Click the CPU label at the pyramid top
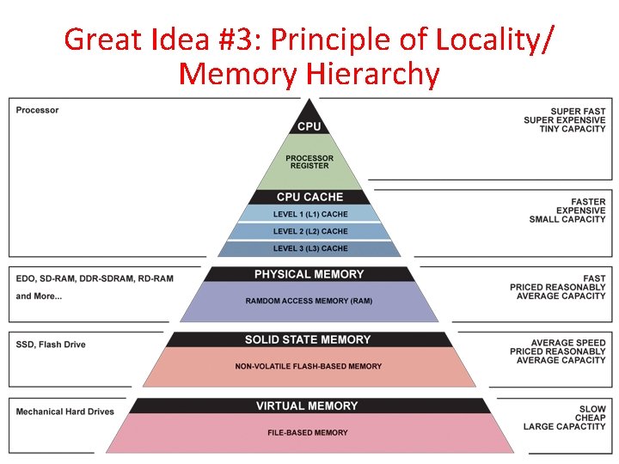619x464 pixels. [309, 126]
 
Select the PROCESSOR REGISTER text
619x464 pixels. [309, 162]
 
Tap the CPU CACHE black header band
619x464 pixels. [309, 197]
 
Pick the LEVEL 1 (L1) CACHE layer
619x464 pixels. [310, 214]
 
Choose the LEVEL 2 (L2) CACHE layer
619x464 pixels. [310, 231]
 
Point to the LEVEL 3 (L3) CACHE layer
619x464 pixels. [310, 248]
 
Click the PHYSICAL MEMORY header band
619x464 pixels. [309, 274]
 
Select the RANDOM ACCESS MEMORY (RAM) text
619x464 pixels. [309, 301]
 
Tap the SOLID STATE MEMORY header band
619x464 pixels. [308, 339]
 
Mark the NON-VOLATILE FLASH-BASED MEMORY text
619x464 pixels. [309, 366]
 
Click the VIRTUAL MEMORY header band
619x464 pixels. [307, 406]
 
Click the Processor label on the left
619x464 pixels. [38, 110]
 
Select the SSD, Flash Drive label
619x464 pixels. [51, 345]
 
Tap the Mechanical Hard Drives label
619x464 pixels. [65, 412]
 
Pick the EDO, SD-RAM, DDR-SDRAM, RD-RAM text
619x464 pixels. [95, 278]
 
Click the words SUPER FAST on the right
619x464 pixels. [578, 112]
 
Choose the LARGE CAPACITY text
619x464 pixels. [565, 426]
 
